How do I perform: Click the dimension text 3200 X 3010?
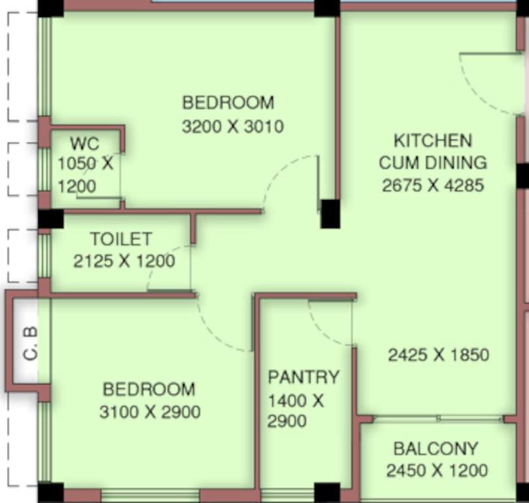(233, 126)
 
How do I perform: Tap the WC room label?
(84, 143)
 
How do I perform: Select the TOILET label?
(121, 239)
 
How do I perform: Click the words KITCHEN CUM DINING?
(433, 151)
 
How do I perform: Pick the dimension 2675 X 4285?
(433, 185)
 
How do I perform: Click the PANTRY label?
(303, 377)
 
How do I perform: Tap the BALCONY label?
(435, 449)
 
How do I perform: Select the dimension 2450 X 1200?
(437, 470)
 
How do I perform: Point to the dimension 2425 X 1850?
(438, 355)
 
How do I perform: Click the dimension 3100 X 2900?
(150, 413)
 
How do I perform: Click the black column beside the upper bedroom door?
(330, 214)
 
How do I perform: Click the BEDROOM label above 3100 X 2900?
(149, 390)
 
